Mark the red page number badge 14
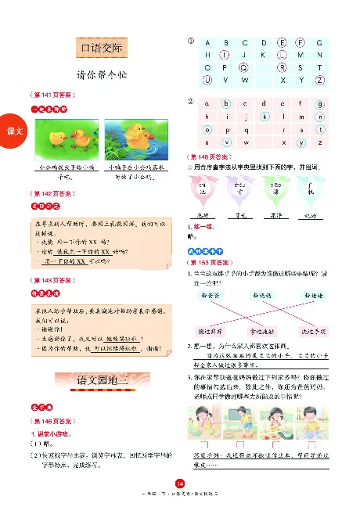[179, 486]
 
